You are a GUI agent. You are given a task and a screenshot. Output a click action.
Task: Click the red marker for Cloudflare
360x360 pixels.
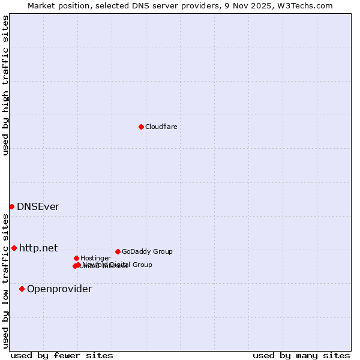coord(141,127)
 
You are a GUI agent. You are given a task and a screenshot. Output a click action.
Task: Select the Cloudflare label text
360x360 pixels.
coord(161,127)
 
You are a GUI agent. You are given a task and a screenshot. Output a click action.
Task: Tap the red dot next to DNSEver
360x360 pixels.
coord(11,206)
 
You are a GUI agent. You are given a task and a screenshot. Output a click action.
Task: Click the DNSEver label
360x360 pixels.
coord(38,207)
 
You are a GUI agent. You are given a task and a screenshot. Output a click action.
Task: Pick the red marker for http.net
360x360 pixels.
coord(14,248)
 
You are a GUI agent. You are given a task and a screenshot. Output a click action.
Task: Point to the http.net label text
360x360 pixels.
coord(38,248)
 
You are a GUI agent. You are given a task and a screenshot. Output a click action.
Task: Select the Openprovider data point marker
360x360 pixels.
coord(22,289)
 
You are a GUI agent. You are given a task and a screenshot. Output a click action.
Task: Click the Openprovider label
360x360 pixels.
coord(59,289)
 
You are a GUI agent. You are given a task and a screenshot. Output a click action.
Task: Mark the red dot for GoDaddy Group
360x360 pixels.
coord(118,251)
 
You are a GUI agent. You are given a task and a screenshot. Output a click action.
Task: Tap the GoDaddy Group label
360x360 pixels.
coord(147,251)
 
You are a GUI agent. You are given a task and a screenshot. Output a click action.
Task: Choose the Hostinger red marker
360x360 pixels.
coord(76,258)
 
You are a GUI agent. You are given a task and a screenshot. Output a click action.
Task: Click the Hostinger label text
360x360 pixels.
coord(95,258)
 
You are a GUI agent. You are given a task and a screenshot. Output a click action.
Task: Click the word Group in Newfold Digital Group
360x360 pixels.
coord(142,265)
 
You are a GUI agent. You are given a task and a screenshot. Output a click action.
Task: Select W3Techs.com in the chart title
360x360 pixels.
coord(310,5)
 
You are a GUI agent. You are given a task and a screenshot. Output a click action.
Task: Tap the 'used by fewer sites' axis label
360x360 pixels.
coord(62,356)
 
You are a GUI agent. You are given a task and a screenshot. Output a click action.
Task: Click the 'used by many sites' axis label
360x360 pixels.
coord(301,356)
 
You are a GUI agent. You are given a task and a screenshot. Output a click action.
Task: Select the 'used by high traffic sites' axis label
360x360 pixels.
coord(5,85)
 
